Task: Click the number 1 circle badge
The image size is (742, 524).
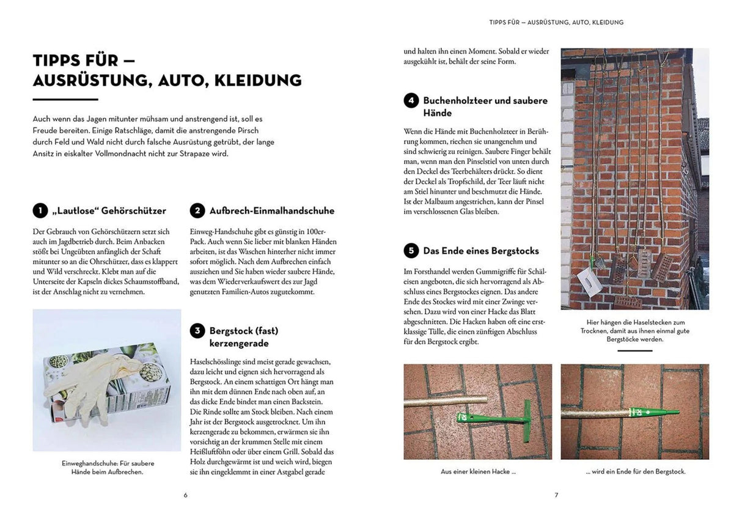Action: coord(40,211)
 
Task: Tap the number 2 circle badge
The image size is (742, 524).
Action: coord(197,211)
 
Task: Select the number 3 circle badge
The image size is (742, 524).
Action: coord(197,331)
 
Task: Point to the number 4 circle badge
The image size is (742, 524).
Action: coord(411,100)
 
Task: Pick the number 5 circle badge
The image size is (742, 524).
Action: coord(411,251)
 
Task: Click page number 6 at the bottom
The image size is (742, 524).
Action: coord(186,495)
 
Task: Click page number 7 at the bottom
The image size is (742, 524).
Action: coord(556,495)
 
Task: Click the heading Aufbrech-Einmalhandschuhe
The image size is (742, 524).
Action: coord(272,211)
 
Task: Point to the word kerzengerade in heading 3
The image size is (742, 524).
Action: coord(238,344)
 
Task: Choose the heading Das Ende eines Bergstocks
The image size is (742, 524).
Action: coord(481,251)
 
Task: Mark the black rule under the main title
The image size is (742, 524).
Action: coord(65,99)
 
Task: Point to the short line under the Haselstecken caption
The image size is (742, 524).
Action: coord(634,351)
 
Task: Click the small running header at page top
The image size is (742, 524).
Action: coord(556,23)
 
